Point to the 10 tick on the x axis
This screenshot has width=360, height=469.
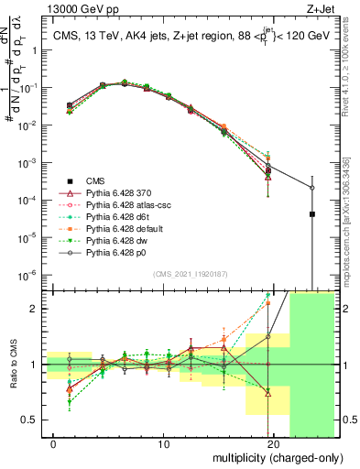pyautogui.click(x=163, y=443)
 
